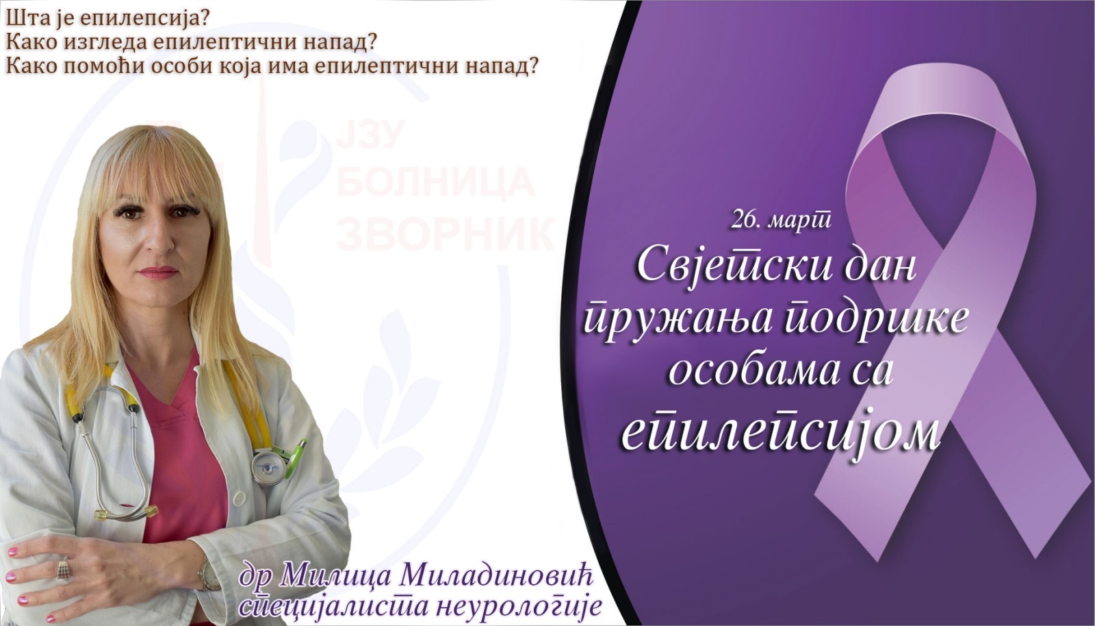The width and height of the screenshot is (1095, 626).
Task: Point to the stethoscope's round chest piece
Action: pos(268,467)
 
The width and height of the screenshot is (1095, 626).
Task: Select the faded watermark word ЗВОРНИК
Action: pos(446,234)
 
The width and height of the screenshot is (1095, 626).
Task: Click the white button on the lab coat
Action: pos(239,499)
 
